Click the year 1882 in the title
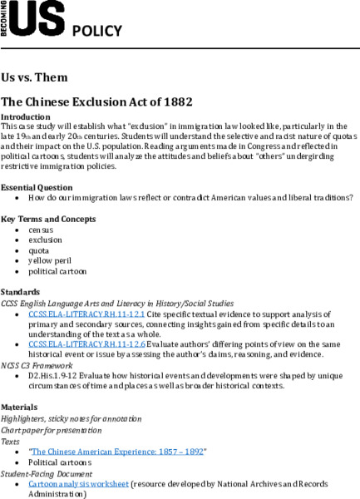(x=176, y=102)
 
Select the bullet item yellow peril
(x=49, y=260)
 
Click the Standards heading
(x=21, y=292)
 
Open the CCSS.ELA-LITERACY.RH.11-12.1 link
(x=75, y=314)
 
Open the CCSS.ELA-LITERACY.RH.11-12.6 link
(x=75, y=343)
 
